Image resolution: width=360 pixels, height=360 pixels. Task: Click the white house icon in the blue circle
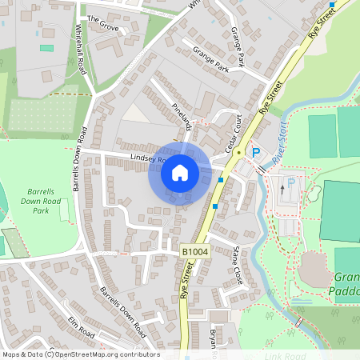tap(180, 172)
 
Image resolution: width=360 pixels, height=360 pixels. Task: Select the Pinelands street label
tap(182, 115)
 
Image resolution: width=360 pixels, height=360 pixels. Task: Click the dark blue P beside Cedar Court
tap(256, 152)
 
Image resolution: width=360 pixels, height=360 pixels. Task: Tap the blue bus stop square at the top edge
tap(331, 5)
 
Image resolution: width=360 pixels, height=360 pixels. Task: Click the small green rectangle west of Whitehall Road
tap(47, 48)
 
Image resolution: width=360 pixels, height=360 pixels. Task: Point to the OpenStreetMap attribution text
tap(80, 354)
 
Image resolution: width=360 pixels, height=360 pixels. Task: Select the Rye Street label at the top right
tap(320, 30)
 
